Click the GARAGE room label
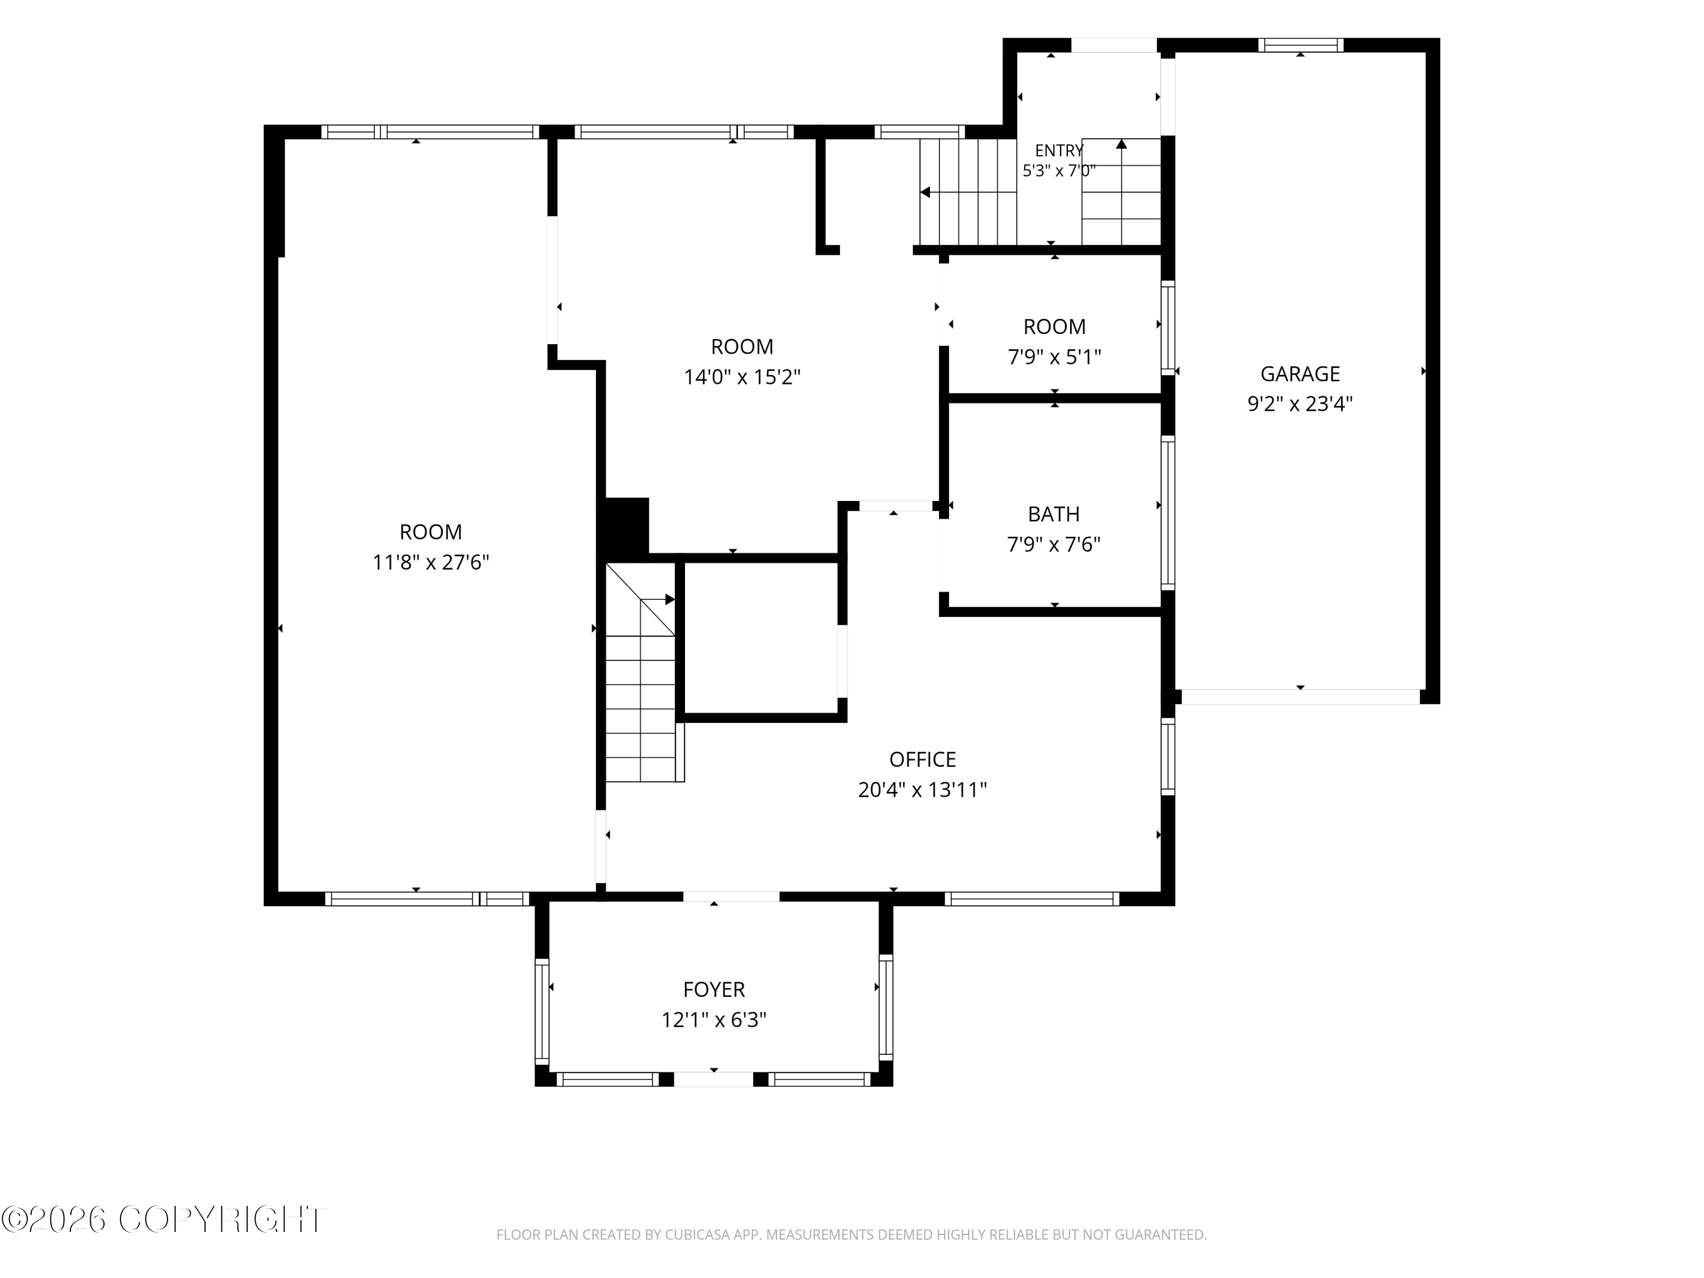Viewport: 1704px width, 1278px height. pyautogui.click(x=1300, y=374)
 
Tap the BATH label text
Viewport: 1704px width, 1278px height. pyautogui.click(x=1054, y=514)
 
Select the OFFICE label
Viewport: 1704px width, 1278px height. pyautogui.click(x=922, y=759)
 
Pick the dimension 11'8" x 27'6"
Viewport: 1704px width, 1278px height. pyautogui.click(x=431, y=562)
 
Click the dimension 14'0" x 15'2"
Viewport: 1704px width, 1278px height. pyautogui.click(x=742, y=378)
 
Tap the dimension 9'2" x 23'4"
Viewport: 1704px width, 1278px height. pyautogui.click(x=1300, y=404)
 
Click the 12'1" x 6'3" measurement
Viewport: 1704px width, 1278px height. pyautogui.click(x=714, y=1020)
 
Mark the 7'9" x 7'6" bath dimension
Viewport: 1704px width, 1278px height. pyautogui.click(x=1054, y=545)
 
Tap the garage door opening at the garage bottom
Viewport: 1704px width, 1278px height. pyautogui.click(x=1300, y=696)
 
